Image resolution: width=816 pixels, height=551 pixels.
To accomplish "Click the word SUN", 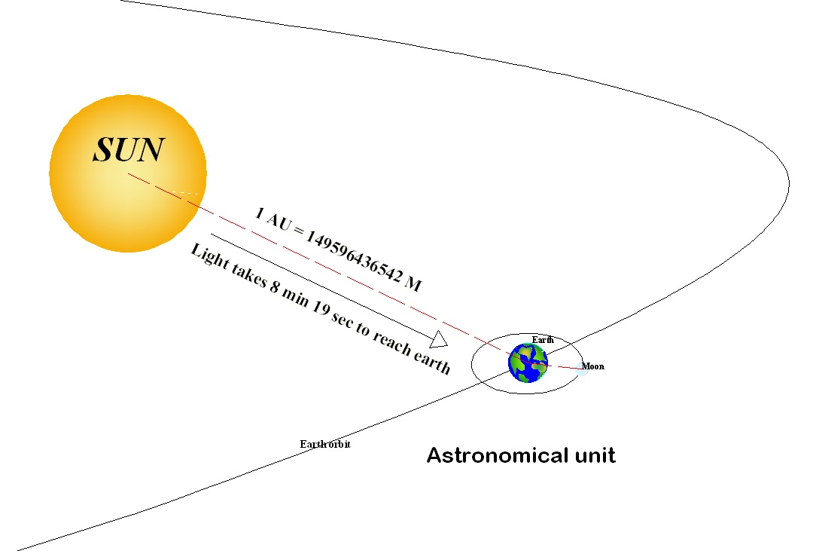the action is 128,150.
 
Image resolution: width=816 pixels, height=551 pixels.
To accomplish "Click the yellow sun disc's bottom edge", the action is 128,249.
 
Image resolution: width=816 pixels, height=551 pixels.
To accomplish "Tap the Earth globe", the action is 528,362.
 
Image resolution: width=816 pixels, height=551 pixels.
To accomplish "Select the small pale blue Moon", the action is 582,370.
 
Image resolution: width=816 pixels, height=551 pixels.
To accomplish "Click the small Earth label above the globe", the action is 542,340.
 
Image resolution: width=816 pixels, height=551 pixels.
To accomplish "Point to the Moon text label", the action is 592,366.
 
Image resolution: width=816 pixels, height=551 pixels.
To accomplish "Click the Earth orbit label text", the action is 325,444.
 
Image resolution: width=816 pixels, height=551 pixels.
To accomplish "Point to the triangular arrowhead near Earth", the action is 439,339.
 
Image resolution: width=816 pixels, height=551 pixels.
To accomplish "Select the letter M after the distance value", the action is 413,284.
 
